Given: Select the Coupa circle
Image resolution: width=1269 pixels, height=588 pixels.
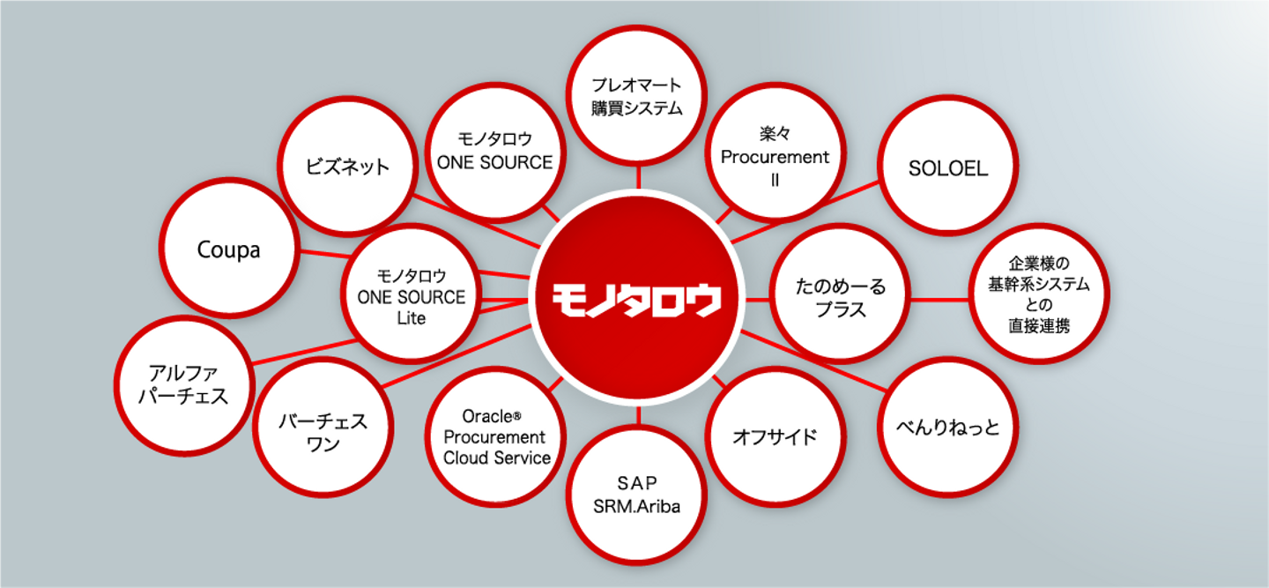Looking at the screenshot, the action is [x=229, y=248].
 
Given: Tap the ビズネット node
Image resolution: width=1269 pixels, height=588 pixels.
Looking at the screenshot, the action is [x=347, y=166].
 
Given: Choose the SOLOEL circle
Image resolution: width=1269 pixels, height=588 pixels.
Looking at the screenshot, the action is [x=948, y=166].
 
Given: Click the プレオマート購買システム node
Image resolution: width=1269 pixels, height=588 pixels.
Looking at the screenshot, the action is [x=637, y=95].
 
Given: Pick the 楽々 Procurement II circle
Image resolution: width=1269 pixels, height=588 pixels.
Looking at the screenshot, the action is [x=775, y=153].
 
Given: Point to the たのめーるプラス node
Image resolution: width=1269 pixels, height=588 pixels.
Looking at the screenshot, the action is [x=841, y=294].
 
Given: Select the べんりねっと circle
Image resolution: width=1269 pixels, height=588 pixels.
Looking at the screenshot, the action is [x=948, y=428].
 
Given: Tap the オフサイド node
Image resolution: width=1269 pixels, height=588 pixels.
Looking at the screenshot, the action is [x=775, y=436].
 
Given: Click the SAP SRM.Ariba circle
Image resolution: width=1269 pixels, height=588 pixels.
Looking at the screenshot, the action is [x=637, y=495].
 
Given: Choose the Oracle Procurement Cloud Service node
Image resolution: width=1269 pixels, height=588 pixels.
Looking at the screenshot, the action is [x=495, y=436].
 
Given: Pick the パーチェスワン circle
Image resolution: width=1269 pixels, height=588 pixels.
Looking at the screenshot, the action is [x=323, y=428].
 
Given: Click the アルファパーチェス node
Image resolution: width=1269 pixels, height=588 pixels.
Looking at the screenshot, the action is [x=184, y=386].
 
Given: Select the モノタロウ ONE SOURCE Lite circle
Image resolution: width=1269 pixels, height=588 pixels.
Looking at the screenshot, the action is [x=412, y=294].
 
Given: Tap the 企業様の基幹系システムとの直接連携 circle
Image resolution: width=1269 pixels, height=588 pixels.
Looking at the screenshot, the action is [x=1039, y=294].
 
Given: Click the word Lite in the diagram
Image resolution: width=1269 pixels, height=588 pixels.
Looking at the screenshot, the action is [x=412, y=318].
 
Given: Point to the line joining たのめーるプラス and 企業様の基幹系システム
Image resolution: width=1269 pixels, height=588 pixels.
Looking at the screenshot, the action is [x=939, y=300].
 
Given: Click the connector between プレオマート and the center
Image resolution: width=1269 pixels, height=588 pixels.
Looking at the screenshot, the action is [x=638, y=177].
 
